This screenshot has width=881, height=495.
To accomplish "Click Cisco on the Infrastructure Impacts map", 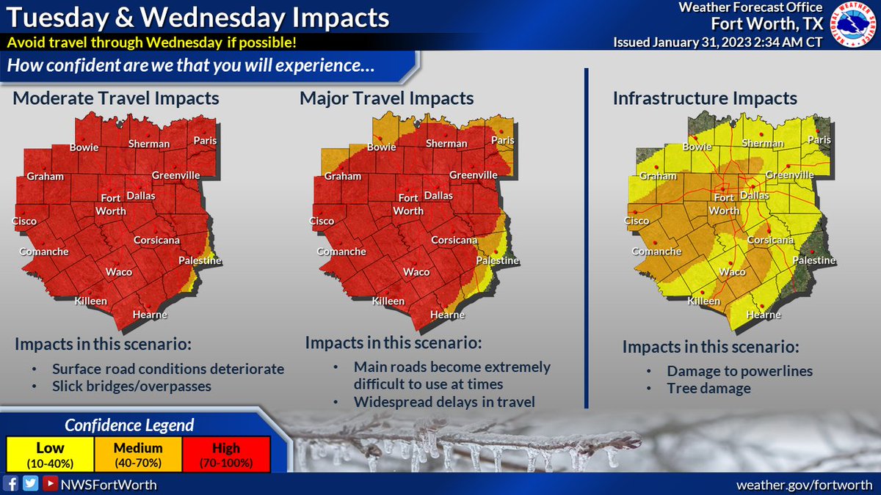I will click(x=637, y=221).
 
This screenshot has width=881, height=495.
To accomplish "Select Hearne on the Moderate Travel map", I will click(x=150, y=315).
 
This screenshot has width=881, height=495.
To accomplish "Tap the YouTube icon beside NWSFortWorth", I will click(x=48, y=483).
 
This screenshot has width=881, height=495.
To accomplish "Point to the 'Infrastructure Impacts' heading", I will click(x=705, y=98).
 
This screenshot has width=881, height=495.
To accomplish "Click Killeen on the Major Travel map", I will click(x=388, y=301).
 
